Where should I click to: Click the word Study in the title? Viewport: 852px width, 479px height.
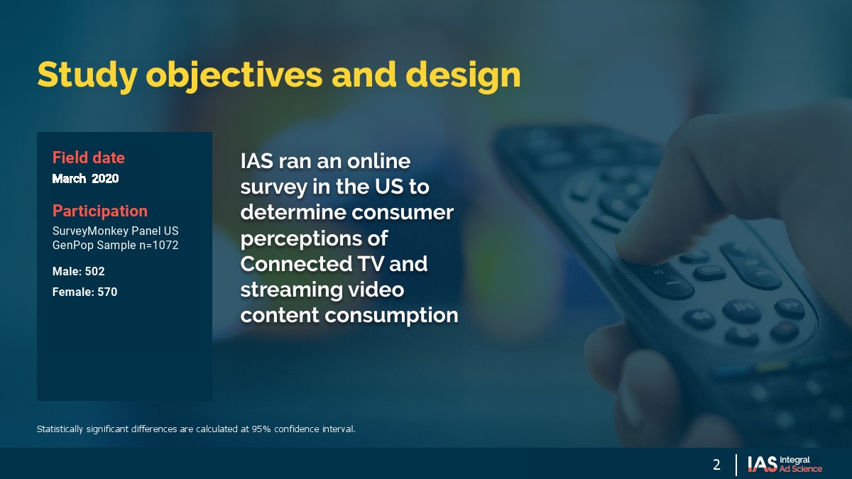[87, 75]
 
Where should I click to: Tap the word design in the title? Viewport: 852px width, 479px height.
[463, 75]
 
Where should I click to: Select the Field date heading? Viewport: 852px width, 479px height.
[89, 158]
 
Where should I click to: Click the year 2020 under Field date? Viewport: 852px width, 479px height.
[105, 178]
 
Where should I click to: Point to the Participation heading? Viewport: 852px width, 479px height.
[100, 211]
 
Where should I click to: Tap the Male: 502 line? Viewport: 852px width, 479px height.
[78, 271]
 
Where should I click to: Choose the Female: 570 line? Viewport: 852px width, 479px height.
[84, 292]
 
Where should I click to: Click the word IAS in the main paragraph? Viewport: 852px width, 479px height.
[257, 161]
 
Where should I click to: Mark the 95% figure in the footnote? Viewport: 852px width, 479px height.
[261, 429]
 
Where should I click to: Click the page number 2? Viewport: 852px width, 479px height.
[716, 465]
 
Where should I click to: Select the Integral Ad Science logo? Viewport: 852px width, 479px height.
[785, 464]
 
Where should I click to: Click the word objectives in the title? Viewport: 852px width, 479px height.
[234, 75]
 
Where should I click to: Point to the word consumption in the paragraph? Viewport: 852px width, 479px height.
[391, 316]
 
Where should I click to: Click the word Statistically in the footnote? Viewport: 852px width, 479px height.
[60, 429]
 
